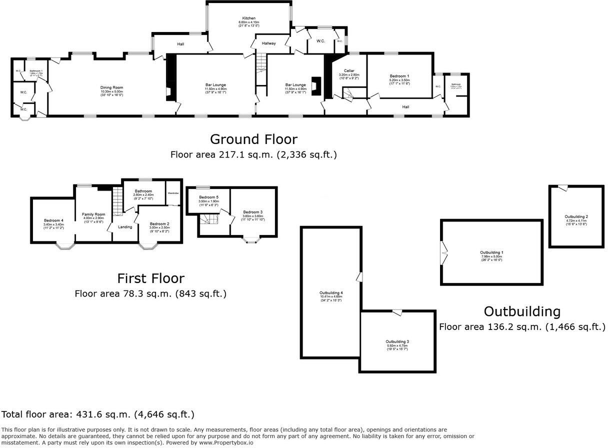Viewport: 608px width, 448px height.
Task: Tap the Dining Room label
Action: [111, 87]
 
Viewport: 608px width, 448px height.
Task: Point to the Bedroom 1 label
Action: [399, 76]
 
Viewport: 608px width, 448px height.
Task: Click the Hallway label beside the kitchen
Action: [268, 43]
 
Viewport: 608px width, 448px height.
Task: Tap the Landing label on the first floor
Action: [124, 227]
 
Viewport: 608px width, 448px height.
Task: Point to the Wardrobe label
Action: [173, 193]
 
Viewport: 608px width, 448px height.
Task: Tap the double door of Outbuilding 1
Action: [443, 253]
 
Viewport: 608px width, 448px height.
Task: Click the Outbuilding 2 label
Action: [576, 216]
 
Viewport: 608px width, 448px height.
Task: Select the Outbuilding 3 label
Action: [397, 341]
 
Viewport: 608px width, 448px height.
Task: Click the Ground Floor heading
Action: [253, 139]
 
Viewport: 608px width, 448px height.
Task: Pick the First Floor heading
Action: [150, 278]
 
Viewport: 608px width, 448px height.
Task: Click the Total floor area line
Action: [98, 414]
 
